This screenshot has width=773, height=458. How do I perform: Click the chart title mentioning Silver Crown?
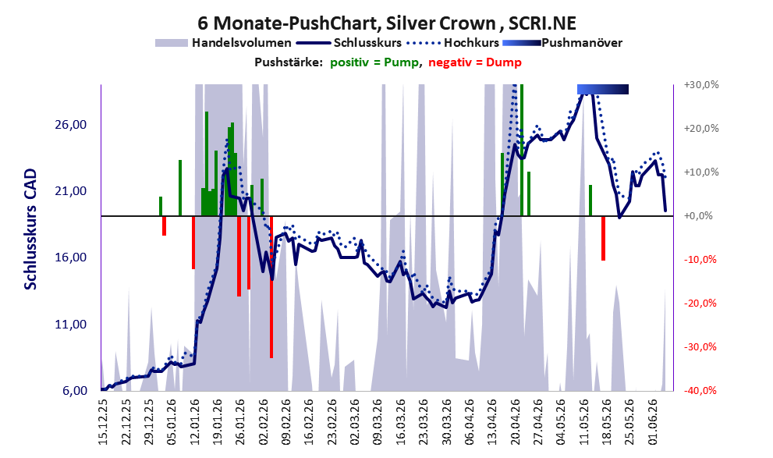pos(387,23)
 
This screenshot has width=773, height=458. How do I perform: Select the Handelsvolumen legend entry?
pos(223,43)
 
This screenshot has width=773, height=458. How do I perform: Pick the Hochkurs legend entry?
pos(452,43)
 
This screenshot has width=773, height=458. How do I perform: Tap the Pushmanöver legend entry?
pos(562,43)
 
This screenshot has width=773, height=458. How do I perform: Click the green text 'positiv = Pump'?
pos(374,62)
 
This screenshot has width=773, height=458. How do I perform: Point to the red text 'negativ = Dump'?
pos(475,62)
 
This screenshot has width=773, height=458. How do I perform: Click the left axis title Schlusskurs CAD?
pos(30,229)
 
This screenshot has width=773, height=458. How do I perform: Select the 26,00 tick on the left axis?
pos(71,124)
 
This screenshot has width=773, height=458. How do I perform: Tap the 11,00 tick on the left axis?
pos(71,325)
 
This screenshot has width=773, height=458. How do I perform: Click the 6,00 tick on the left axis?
pos(74,391)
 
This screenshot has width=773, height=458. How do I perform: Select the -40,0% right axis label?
pos(700,391)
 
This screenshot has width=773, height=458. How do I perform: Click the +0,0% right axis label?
pos(698,216)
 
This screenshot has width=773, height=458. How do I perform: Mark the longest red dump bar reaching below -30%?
pos(271,287)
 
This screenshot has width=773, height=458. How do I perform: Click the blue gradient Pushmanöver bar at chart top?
pos(603,89)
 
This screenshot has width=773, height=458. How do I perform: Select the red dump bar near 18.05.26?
pos(603,238)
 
